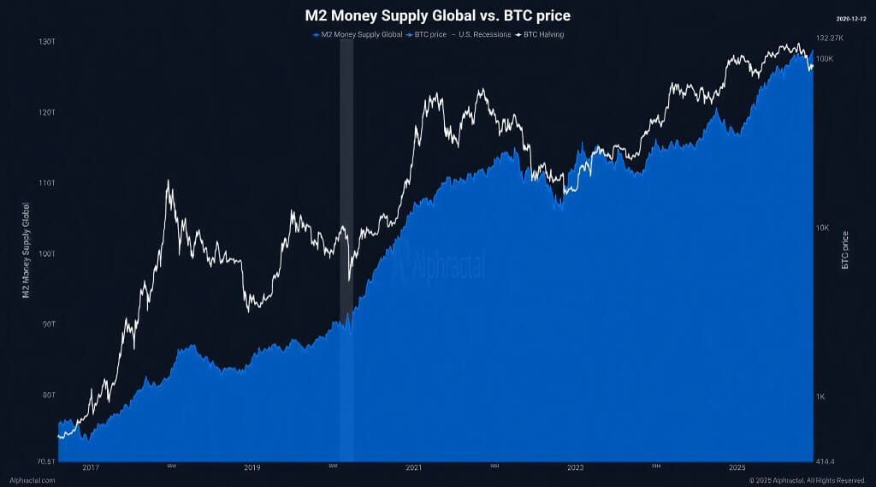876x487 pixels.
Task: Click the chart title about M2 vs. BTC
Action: [437, 15]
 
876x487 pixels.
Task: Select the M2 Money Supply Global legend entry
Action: [358, 34]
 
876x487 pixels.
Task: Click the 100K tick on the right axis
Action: [824, 58]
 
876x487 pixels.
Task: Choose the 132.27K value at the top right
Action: [830, 39]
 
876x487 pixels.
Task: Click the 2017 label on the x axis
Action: [91, 468]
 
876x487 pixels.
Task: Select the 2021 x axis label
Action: [414, 468]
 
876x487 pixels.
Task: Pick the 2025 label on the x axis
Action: [737, 468]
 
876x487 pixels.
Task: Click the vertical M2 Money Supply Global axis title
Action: [26, 250]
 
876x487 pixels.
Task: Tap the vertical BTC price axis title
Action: [845, 250]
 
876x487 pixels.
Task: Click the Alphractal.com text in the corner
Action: [33, 480]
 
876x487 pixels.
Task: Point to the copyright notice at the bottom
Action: [808, 480]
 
